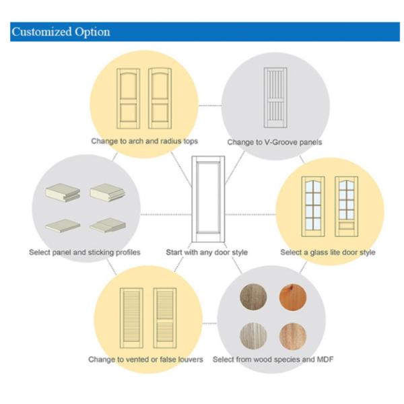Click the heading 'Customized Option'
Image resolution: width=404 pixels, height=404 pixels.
coord(61,32)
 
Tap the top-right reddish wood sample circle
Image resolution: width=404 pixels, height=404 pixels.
coord(294,297)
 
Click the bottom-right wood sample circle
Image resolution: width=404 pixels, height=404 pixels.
coord(294,335)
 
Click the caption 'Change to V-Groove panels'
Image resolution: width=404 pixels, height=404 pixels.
coord(274,142)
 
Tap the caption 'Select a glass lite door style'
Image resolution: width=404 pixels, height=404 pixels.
coord(328,252)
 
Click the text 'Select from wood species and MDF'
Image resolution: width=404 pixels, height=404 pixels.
coord(273,359)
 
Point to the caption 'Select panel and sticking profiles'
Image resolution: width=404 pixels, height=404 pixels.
coord(85,252)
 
